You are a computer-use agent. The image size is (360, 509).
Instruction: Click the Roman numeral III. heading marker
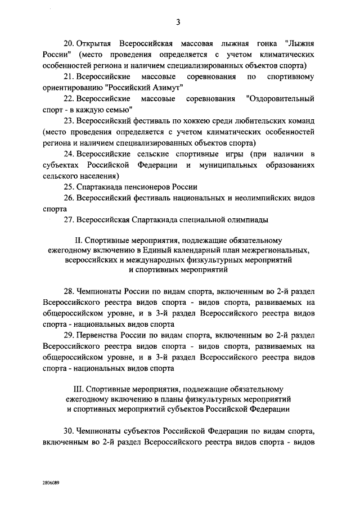click(80, 389)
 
